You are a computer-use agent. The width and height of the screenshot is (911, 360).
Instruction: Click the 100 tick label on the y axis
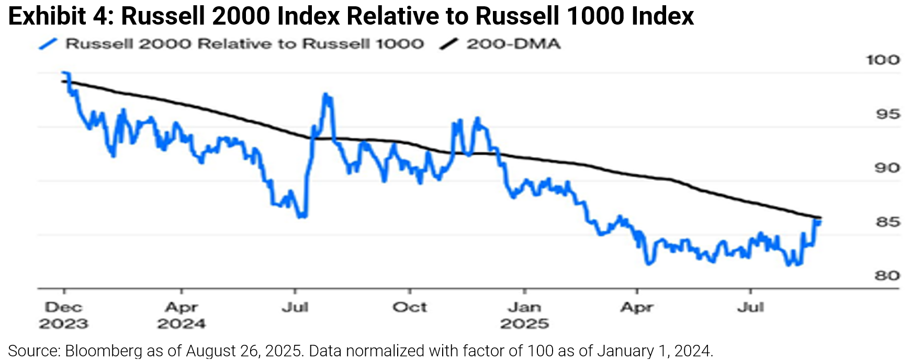[883, 60]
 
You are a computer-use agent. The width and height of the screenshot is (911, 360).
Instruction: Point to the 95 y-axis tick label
[887, 114]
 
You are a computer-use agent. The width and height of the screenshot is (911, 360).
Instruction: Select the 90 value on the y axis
[887, 168]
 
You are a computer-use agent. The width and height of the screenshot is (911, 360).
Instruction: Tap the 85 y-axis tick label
[887, 222]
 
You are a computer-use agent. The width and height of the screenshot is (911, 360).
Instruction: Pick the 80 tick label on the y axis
[887, 276]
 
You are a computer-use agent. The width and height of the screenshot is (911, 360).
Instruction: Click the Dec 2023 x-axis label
[64, 315]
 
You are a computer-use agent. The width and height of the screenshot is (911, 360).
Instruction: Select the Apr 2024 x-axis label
[181, 315]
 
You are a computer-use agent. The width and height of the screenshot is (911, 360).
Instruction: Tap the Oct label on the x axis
[410, 307]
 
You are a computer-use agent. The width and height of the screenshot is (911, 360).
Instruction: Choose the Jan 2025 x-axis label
[524, 315]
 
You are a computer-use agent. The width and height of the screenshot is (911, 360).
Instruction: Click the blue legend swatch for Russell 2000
[48, 44]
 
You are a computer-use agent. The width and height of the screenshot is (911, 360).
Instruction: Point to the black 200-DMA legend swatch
[449, 44]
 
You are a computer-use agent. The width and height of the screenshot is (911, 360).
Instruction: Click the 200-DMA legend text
[513, 44]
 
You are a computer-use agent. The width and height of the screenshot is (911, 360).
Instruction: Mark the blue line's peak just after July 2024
[326, 95]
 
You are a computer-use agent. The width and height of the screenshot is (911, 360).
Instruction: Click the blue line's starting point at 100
[64, 73]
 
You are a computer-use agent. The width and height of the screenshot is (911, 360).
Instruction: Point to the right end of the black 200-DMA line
[820, 218]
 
